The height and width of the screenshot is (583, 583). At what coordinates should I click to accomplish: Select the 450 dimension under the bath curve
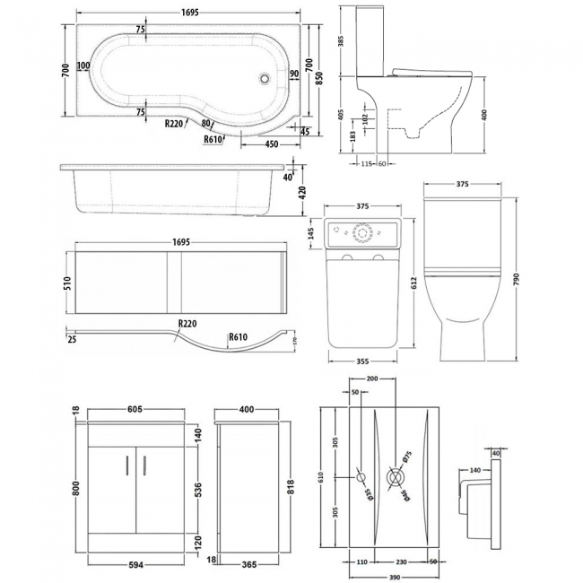tap(269, 143)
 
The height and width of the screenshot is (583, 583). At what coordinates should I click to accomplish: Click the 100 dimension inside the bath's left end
tap(83, 65)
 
